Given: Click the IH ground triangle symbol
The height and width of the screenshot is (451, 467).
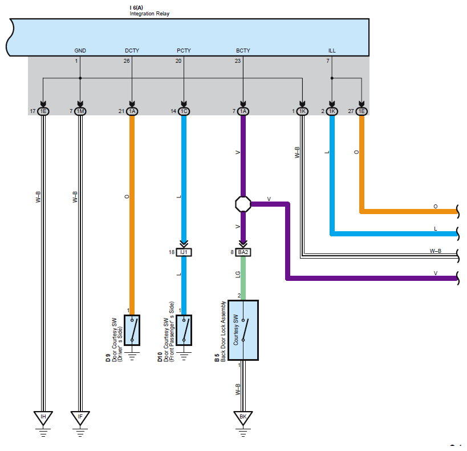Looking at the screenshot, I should pos(43,417).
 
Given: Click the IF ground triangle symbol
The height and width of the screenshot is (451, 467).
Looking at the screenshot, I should pos(80,417).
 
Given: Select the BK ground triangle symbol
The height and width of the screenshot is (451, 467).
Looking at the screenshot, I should pos(243,417).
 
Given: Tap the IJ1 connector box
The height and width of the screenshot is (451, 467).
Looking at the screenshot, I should pos(184,252).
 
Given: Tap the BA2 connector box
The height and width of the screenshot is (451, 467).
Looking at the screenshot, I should pos(243,252).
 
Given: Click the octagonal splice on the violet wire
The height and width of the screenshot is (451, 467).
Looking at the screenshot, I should pos(243,203).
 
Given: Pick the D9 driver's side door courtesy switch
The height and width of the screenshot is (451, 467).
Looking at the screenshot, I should pos(132,329).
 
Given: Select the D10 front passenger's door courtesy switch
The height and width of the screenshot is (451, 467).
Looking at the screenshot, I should pos(184,329).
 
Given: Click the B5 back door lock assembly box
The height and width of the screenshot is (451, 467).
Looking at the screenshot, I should pos(243,330).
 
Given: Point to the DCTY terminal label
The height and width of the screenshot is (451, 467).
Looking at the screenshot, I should pos(132,51).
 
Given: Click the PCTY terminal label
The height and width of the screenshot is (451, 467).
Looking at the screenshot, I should pos(184,51).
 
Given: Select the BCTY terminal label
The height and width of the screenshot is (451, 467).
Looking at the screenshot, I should pos(243,51).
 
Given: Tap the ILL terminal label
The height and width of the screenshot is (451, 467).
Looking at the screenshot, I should pos(332,51).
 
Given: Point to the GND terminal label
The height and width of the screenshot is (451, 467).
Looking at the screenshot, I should pos(80,51).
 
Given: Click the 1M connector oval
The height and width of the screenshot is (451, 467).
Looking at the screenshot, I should pos(80,111).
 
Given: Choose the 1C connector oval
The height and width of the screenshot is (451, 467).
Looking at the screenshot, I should pos(184,111).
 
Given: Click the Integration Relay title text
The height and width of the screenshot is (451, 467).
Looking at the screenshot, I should pos(149,14).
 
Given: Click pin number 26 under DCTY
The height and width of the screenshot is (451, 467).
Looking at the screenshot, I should pos(127,60).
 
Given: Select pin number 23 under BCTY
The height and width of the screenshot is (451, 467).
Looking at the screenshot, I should pos(238,60).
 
